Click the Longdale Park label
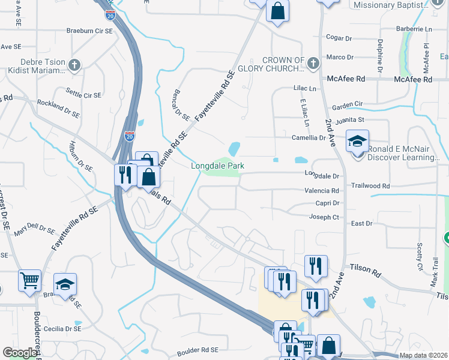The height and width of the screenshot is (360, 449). (x=217, y=166)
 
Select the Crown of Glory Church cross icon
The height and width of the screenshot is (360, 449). (x=313, y=62)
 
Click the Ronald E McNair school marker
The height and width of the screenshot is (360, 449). (x=357, y=142)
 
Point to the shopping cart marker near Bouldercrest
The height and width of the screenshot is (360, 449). (x=30, y=280)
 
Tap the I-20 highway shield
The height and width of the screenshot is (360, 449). (x=130, y=136)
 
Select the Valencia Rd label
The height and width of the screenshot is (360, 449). (x=322, y=190)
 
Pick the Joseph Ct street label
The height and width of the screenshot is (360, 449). (x=324, y=217)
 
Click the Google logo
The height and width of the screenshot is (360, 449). (x=20, y=353)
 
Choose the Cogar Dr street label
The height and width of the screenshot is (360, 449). (x=339, y=37)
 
